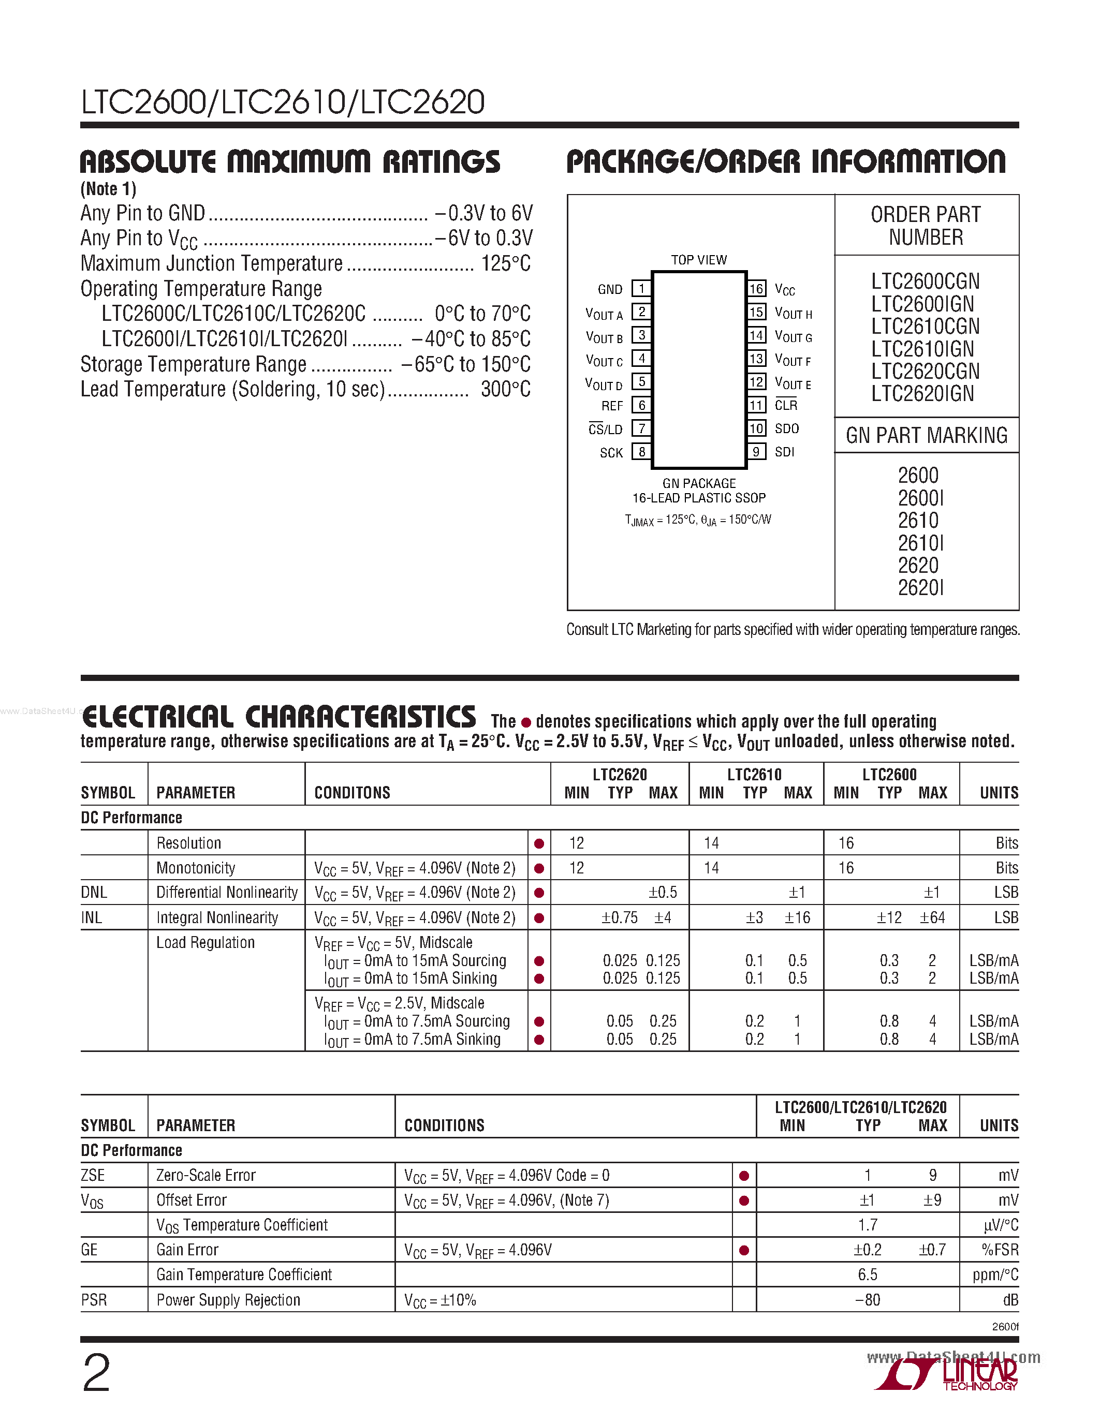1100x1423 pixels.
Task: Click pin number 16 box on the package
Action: (x=756, y=289)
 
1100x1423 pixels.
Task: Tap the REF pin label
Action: (x=612, y=406)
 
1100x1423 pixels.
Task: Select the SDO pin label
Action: (x=786, y=429)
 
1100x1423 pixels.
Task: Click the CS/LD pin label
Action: (x=606, y=429)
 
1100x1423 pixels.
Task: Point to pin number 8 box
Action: (x=642, y=452)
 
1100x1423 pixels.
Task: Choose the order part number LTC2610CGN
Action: (x=926, y=327)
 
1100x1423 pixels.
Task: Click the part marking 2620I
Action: (x=920, y=588)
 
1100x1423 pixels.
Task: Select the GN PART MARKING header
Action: (x=926, y=435)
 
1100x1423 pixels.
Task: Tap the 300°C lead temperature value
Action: (x=505, y=390)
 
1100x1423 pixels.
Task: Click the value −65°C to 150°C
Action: (x=466, y=364)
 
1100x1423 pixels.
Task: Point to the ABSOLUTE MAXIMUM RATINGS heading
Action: (x=290, y=161)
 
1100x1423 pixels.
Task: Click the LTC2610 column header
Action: (x=755, y=775)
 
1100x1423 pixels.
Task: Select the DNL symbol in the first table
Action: (x=94, y=893)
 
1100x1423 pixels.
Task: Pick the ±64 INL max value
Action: (x=932, y=918)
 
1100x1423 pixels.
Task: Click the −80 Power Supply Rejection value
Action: (x=868, y=1300)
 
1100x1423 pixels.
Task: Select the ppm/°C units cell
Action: (x=994, y=1275)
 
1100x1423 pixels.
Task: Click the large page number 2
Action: (x=96, y=1373)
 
